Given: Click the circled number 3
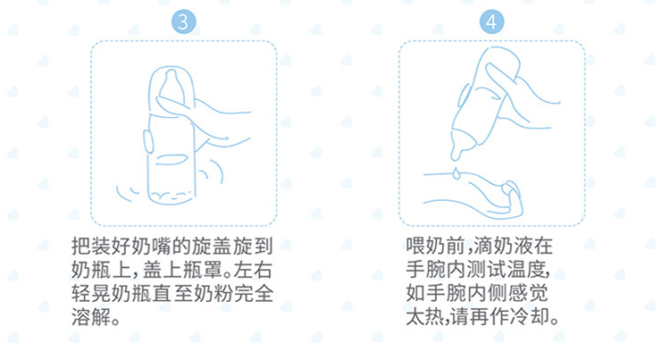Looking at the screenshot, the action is click(x=184, y=21).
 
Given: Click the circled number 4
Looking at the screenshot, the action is click(x=492, y=21).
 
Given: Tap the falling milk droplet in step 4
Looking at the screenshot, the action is click(x=456, y=172).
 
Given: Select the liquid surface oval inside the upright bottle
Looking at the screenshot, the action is click(x=172, y=160).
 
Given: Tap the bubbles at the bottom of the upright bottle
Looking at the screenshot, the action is click(x=172, y=197).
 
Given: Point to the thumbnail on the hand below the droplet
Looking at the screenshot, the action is click(x=512, y=188).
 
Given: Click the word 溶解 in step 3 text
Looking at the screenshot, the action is click(x=90, y=317).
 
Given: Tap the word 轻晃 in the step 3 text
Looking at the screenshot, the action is click(x=90, y=294).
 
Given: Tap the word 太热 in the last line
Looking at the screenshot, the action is click(x=425, y=317).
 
